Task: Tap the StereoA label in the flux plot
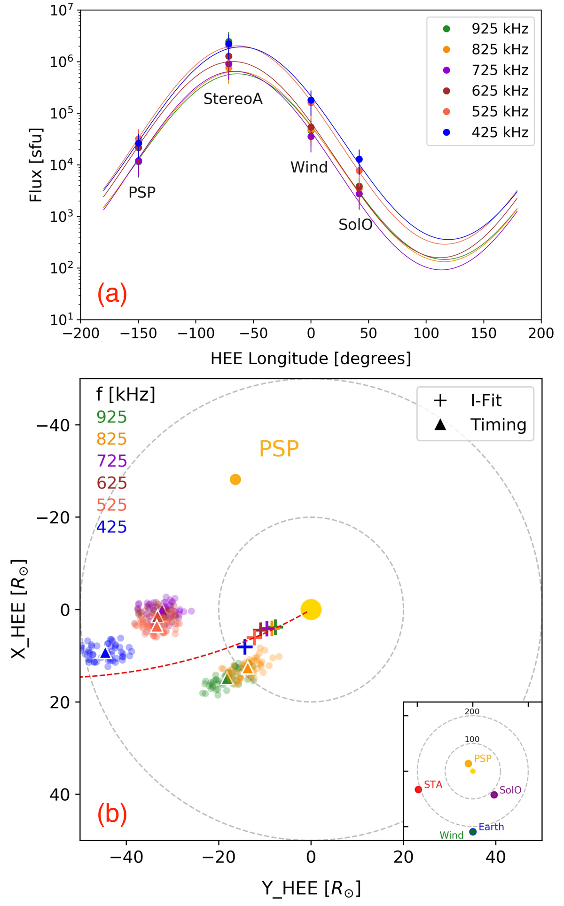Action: coord(233,99)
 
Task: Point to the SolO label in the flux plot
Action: coord(355,225)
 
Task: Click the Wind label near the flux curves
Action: coord(309,167)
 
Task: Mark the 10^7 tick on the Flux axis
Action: coord(63,10)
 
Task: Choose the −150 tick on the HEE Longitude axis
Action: coord(138,334)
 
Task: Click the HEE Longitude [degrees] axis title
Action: coord(311,359)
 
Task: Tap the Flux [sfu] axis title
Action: coord(36,165)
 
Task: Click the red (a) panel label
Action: coord(112,294)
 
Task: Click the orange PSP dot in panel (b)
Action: coord(235,479)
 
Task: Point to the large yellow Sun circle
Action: coord(311,609)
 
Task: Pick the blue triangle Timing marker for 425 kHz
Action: coord(106,653)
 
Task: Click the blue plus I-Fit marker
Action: coord(244,648)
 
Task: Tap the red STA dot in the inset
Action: coord(418,789)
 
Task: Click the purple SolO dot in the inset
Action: coord(494,795)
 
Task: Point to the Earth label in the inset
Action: coord(491,827)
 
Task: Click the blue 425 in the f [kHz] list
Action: coord(111,527)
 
